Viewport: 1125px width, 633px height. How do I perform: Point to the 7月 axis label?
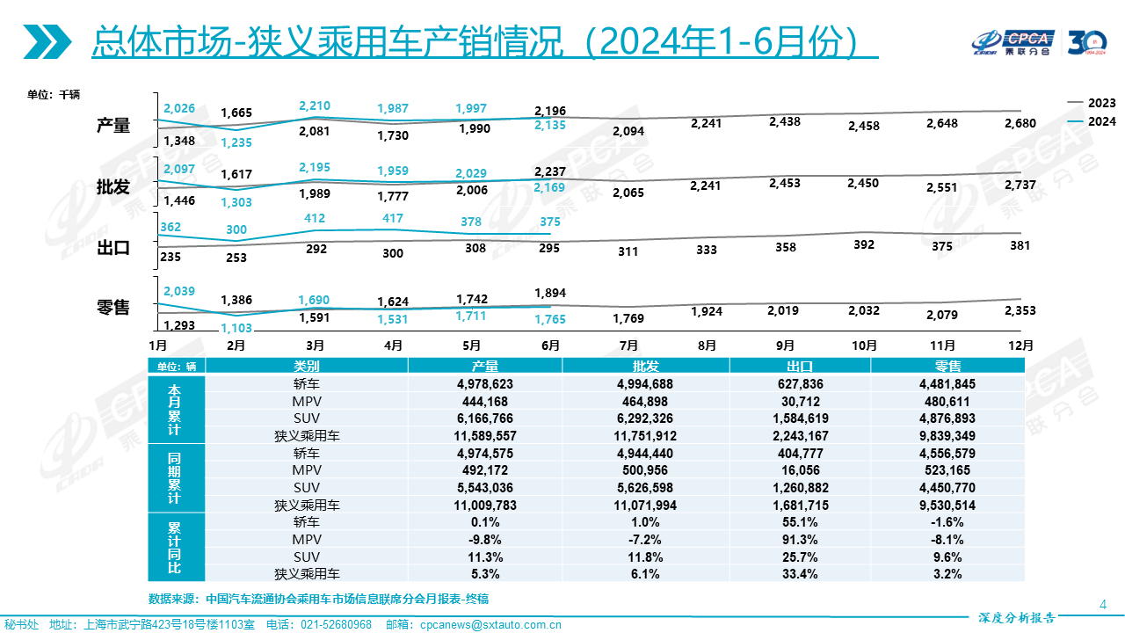coord(629,346)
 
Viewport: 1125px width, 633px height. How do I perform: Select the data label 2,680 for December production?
coord(1020,123)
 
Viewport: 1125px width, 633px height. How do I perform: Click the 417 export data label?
coord(393,219)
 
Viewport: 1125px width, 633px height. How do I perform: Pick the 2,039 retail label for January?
coord(178,292)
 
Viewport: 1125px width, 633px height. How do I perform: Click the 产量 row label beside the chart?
coord(113,126)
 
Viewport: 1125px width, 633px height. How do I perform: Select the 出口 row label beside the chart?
coord(113,248)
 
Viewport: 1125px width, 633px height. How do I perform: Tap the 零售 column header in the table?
coord(947,367)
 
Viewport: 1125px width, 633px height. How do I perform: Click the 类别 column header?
coord(307,367)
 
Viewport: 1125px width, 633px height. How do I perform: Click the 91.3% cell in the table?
coord(800,539)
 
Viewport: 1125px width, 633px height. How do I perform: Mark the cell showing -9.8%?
coord(484,539)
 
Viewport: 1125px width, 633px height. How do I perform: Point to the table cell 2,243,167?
coord(800,436)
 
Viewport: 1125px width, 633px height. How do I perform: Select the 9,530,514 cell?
coord(947,506)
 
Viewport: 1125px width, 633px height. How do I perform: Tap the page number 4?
coord(1103,603)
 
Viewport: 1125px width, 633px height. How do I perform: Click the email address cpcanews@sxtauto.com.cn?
coord(490,625)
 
